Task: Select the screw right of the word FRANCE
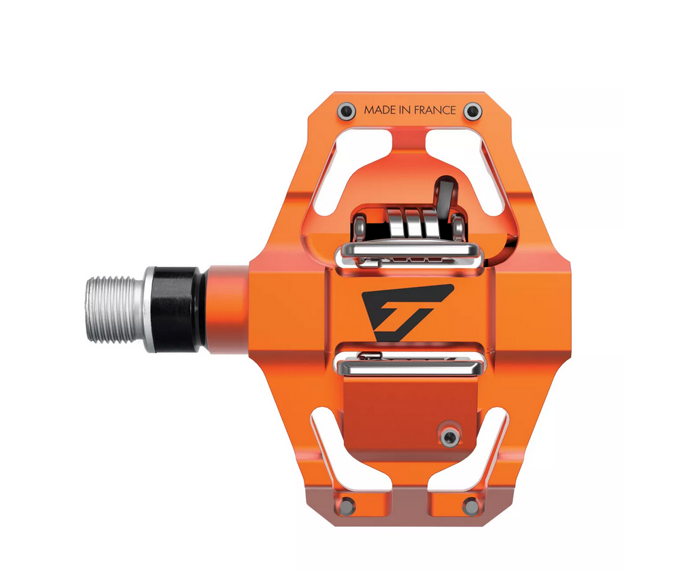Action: pyautogui.click(x=472, y=111)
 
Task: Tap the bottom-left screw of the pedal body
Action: pyautogui.click(x=347, y=505)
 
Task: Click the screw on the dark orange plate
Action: pyautogui.click(x=449, y=435)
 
